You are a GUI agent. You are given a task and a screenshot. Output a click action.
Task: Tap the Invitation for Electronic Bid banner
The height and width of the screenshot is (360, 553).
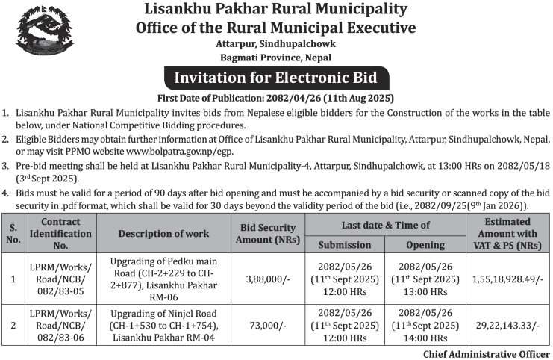click(x=275, y=78)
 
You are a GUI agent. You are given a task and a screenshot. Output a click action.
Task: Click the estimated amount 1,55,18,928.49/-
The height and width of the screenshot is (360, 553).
click(x=507, y=278)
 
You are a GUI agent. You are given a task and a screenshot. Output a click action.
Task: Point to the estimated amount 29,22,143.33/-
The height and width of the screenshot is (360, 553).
click(x=507, y=326)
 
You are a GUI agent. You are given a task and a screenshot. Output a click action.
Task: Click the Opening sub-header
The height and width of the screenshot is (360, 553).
click(x=425, y=244)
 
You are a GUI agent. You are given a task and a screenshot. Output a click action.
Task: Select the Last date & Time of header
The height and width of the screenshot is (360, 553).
click(x=385, y=224)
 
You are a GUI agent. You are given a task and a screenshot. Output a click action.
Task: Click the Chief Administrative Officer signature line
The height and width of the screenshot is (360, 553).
click(x=486, y=353)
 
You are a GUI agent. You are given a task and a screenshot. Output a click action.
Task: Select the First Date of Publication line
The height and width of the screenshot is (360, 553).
click(x=275, y=98)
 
